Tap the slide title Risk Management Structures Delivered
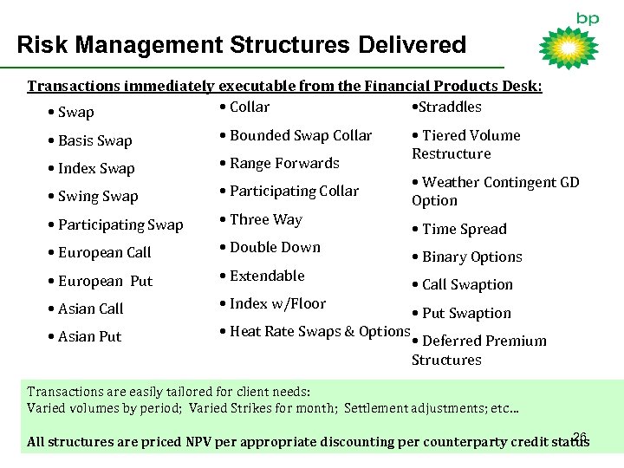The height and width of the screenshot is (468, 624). pos(242,45)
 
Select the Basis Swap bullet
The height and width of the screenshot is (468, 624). pos(91,140)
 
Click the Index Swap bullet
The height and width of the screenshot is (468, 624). pos(92,168)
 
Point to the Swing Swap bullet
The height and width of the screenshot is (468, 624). pos(94,197)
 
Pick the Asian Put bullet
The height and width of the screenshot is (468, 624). pos(89,336)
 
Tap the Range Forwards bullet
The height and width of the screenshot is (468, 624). pos(279,163)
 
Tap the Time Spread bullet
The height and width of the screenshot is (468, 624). pos(459,229)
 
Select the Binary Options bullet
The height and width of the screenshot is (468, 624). pos(467,257)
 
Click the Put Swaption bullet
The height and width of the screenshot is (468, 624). pos(461,313)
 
